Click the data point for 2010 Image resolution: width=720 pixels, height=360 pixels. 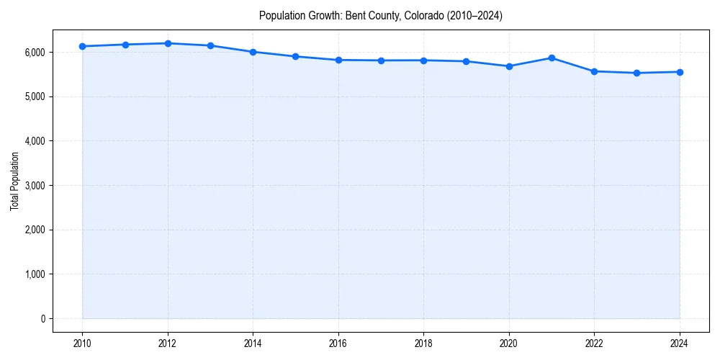tap(83, 46)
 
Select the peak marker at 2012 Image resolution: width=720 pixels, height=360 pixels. tap(168, 43)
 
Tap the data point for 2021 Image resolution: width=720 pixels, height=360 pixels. tap(552, 58)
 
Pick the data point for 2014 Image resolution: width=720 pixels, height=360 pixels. tap(253, 52)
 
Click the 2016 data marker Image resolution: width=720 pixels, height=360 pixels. tap(338, 60)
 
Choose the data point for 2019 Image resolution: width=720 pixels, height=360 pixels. tap(467, 61)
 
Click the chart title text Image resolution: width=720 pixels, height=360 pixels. tap(380, 15)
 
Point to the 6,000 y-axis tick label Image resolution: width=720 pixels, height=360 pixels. tap(33, 53)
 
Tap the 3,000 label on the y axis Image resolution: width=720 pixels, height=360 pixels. tap(33, 186)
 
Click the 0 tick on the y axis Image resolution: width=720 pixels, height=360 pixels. tap(42, 319)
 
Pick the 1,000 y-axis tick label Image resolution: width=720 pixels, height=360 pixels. tap(33, 274)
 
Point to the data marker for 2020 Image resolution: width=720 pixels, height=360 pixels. tap(509, 66)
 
